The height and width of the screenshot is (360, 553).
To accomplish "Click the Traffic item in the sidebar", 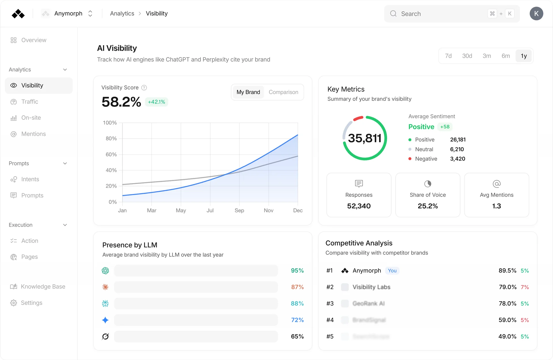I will pyautogui.click(x=29, y=102).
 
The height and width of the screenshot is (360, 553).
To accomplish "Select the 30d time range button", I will pyautogui.click(x=467, y=56).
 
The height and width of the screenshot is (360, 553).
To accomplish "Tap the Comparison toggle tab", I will pyautogui.click(x=283, y=92).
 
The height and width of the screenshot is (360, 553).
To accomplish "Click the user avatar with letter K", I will pyautogui.click(x=536, y=14).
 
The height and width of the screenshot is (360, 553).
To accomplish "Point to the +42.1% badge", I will pyautogui.click(x=156, y=102).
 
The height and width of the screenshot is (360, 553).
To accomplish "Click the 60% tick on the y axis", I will pyautogui.click(x=111, y=155).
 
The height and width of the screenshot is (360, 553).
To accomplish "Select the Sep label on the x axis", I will pyautogui.click(x=239, y=210).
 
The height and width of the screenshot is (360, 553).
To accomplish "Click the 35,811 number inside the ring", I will pyautogui.click(x=364, y=138).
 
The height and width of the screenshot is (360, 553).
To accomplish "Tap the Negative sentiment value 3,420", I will pyautogui.click(x=457, y=159).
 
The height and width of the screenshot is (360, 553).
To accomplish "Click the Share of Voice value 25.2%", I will pyautogui.click(x=427, y=206).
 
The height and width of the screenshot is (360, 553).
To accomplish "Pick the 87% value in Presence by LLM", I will pyautogui.click(x=297, y=287).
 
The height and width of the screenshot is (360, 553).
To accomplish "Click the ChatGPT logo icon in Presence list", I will pyautogui.click(x=105, y=271).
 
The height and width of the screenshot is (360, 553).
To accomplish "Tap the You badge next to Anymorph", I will pyautogui.click(x=392, y=271).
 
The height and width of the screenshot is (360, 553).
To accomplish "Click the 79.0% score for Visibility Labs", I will pyautogui.click(x=507, y=287).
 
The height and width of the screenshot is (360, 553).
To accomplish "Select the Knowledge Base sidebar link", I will pyautogui.click(x=43, y=287).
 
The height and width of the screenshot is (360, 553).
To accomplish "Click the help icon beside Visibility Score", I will pyautogui.click(x=144, y=87).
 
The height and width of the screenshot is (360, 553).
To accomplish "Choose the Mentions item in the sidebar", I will pyautogui.click(x=33, y=134).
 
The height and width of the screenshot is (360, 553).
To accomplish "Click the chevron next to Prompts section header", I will pyautogui.click(x=65, y=163).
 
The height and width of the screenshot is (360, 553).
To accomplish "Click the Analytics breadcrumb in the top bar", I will pyautogui.click(x=122, y=14).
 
